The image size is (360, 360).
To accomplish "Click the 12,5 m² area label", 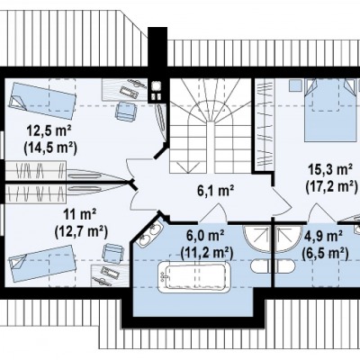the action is (49, 130).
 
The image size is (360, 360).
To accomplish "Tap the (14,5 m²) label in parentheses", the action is (49, 148).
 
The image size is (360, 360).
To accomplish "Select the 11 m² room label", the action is (79, 214).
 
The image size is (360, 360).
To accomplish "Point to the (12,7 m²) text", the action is (81, 231).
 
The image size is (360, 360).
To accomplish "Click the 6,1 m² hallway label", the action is (215, 191).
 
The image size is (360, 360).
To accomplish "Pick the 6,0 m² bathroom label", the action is (205, 236).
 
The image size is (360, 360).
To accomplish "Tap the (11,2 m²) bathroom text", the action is (207, 253).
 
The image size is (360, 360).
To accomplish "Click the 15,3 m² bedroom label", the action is (330, 170).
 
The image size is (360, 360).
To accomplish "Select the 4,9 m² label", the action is (323, 237).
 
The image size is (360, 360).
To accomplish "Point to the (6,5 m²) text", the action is (325, 253).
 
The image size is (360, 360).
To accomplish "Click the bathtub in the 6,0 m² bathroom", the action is (193, 276).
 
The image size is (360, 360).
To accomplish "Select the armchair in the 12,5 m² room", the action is (125, 112).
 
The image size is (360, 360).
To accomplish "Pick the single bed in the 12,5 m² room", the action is (42, 100).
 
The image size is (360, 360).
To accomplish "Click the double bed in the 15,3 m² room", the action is (330, 110).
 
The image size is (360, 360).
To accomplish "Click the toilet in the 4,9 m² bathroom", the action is (285, 265).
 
